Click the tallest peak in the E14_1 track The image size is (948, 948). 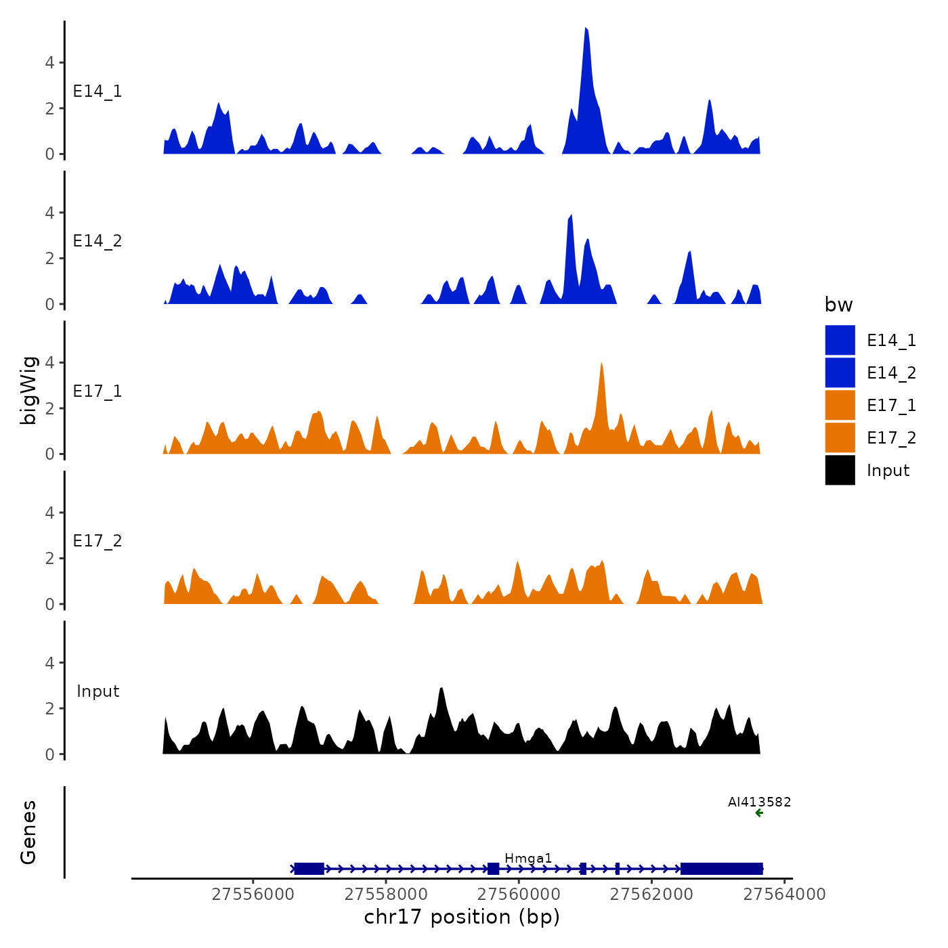click(x=586, y=31)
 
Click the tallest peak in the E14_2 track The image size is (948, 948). click(x=571, y=217)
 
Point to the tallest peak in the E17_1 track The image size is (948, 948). click(x=601, y=365)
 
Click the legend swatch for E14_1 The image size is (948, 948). click(x=840, y=340)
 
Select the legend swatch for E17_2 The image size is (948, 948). click(x=840, y=437)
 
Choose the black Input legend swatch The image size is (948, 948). click(x=840, y=470)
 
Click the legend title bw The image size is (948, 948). click(x=838, y=305)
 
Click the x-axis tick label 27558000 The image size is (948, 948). click(x=386, y=895)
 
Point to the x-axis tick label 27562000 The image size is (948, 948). click(x=651, y=895)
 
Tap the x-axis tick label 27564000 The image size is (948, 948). click(x=784, y=895)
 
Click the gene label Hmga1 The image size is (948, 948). click(x=528, y=859)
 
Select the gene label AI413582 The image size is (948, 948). click(x=759, y=802)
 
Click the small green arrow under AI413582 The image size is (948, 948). click(x=759, y=813)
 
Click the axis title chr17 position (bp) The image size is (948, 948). click(x=462, y=917)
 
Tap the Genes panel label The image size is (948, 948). click(x=28, y=832)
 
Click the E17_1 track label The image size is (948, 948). click(x=98, y=391)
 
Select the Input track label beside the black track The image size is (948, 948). click(x=98, y=691)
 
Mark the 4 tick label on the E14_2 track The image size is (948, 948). click(x=49, y=213)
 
